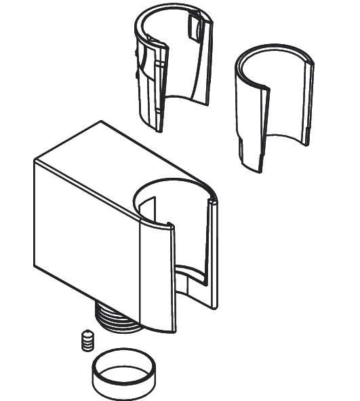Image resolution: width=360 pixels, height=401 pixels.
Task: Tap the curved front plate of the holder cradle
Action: click(157, 278)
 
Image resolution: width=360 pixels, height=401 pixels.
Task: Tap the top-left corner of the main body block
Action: click(35, 161)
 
